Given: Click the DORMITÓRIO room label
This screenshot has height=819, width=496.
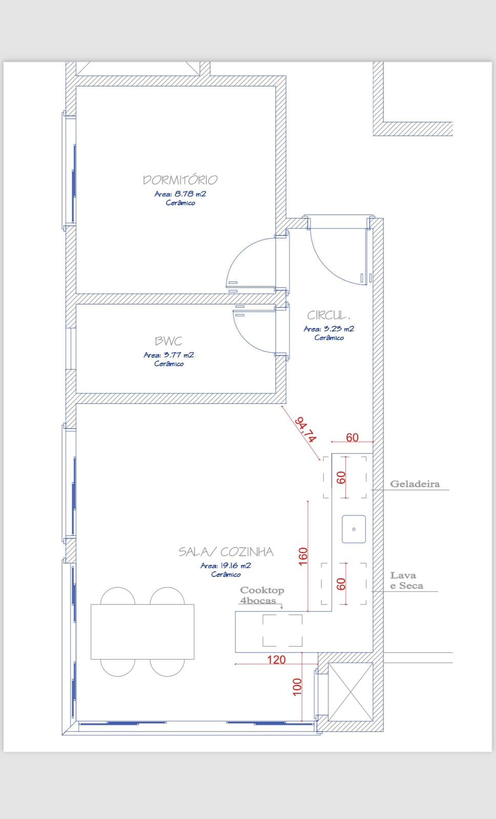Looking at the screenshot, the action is [x=180, y=180].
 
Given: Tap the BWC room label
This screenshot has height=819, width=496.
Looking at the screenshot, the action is [x=169, y=341].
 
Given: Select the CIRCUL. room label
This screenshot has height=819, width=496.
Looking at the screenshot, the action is [x=328, y=315].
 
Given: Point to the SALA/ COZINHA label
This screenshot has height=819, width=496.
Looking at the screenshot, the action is [x=226, y=552].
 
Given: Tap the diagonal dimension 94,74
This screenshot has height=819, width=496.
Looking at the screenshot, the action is [x=305, y=429].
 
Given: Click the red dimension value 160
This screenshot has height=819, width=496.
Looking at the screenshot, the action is [x=303, y=556].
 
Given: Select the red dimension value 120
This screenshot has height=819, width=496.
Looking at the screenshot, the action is [x=276, y=660].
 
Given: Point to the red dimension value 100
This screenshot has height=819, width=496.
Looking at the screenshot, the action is [x=297, y=687].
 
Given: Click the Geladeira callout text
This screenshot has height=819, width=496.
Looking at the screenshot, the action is [x=415, y=484].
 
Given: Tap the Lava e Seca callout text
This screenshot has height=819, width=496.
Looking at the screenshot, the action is [x=406, y=580].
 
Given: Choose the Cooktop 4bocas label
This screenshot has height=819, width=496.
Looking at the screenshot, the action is [x=262, y=595].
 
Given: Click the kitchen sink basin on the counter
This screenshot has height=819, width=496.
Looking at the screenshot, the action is [x=354, y=529].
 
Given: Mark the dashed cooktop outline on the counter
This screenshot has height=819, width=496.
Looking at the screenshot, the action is [x=283, y=630].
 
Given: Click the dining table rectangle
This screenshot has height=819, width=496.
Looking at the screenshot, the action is [x=142, y=632].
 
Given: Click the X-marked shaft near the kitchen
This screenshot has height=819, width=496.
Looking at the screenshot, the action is [x=350, y=692].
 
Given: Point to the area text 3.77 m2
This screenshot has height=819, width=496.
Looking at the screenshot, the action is [x=169, y=355].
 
